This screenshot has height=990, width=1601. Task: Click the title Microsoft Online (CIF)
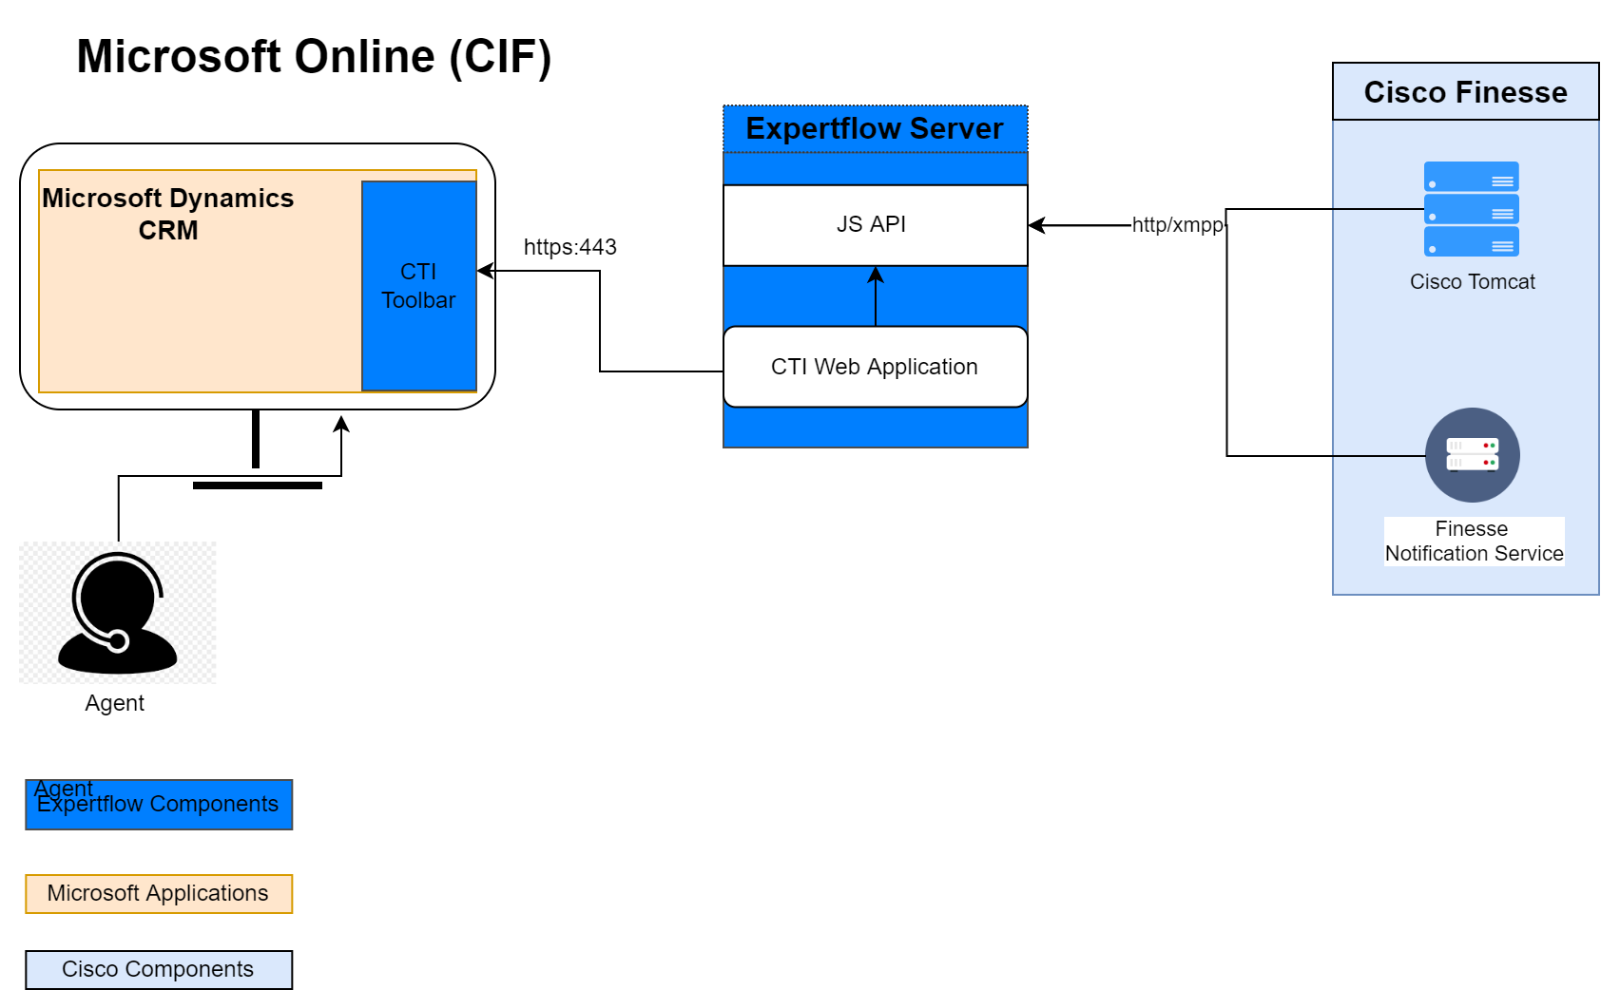coord(314,57)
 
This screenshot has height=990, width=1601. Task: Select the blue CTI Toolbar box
coord(418,286)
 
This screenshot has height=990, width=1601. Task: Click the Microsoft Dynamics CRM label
coord(168,214)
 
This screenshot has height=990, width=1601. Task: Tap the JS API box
coord(874,225)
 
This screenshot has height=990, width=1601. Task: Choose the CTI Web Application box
coord(874,367)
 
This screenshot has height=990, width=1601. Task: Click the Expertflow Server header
coord(874,129)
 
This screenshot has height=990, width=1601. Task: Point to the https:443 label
coord(569,247)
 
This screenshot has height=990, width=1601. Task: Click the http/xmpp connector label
coord(1177,225)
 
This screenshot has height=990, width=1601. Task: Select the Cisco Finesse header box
coord(1464,92)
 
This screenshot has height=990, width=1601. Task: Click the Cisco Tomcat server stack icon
coord(1470,209)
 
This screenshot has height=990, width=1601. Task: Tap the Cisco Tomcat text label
coord(1472,282)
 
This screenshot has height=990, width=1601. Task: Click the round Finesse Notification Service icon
coord(1472,455)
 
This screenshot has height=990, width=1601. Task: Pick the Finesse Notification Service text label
coord(1473,542)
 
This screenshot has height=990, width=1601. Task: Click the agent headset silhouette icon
coord(117,614)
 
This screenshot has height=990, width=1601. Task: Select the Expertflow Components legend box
coord(159,805)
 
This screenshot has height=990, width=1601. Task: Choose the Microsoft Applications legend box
coord(159,894)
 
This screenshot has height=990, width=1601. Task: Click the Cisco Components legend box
coord(159,970)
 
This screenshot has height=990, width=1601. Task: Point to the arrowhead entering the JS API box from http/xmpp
coord(1037,225)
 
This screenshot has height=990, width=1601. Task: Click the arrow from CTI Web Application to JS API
coord(876,298)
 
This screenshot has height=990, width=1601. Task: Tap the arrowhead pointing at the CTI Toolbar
coord(485,271)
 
